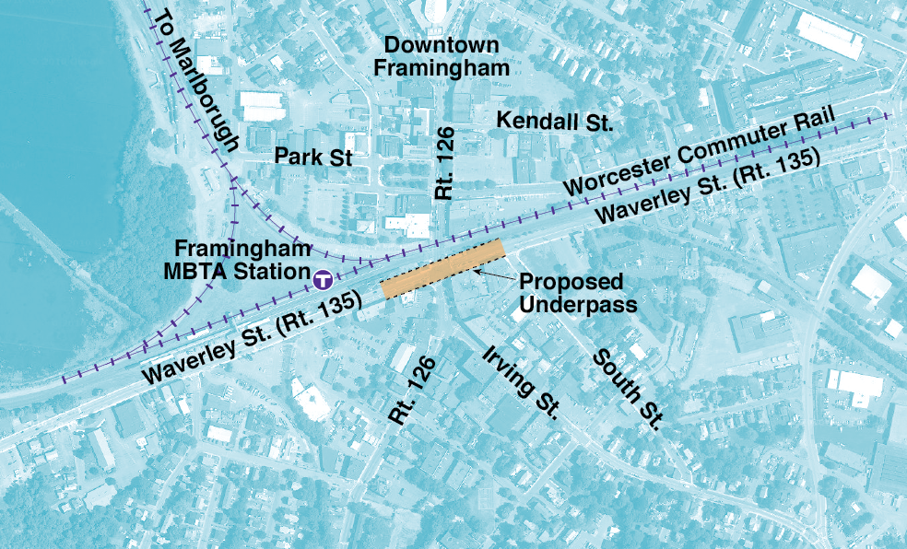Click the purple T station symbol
323,276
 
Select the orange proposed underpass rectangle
442,268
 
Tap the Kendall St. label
554,120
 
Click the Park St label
314,158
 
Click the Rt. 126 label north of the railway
446,163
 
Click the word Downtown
442,45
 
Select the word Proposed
571,282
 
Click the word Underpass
579,305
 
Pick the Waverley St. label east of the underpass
708,188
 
